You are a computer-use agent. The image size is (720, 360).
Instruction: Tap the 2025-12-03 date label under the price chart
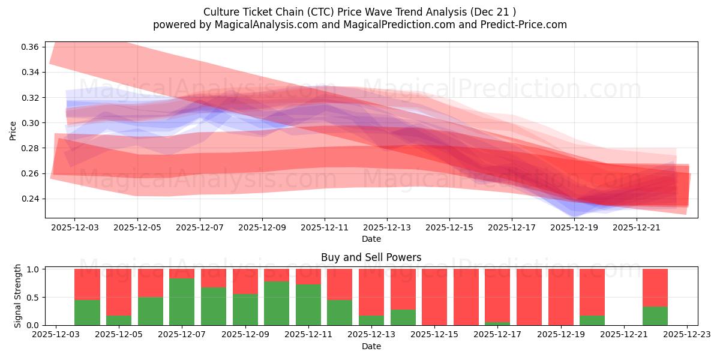tap(74, 228)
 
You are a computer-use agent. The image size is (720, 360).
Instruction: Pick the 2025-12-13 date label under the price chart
tap(387, 228)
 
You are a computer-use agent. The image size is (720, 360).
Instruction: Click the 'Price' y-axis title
tap(13, 130)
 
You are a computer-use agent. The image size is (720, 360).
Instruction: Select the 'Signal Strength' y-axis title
tap(18, 296)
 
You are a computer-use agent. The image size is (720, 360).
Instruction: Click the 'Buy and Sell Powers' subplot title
tap(371, 257)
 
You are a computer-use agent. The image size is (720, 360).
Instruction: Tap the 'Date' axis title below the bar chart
tap(371, 346)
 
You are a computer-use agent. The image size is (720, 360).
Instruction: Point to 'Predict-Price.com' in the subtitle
tap(524, 25)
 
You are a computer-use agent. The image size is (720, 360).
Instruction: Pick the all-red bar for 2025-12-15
tap(434, 297)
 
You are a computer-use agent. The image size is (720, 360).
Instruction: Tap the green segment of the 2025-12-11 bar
tap(308, 305)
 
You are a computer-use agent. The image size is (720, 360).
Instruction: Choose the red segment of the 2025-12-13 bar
tap(371, 292)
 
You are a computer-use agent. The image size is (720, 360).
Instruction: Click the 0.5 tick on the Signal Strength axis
tap(35, 298)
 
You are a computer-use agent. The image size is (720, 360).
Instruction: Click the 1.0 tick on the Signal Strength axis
tap(35, 269)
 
